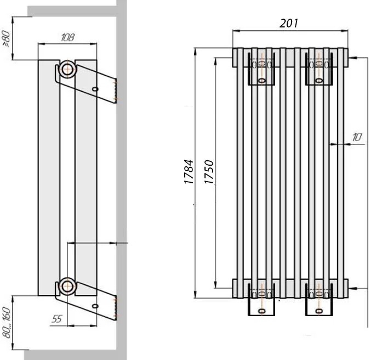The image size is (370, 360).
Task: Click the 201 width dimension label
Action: tap(288, 23)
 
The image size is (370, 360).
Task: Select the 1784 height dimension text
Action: tap(189, 172)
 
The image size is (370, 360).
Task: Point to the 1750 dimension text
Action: tap(209, 172)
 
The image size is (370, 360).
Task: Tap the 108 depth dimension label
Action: tap(68, 37)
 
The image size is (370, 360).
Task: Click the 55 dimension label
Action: tap(56, 319)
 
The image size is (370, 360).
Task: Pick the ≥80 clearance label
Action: tap(7, 39)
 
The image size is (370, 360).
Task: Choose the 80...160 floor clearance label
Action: tap(7, 323)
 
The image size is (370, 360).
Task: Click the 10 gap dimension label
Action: tap(357, 137)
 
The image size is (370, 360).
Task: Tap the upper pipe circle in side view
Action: tap(68, 69)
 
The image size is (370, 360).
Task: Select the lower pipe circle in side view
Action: tap(68, 286)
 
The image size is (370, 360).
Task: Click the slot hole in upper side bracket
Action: tap(95, 89)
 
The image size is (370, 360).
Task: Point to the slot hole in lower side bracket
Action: tap(95, 306)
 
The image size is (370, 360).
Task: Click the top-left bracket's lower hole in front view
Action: tap(261, 81)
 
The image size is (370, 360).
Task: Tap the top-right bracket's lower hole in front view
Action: tap(319, 81)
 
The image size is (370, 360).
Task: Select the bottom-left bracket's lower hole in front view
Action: tap(261, 311)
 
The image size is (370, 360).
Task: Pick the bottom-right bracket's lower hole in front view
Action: tap(319, 311)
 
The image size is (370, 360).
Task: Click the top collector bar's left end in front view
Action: tap(233, 58)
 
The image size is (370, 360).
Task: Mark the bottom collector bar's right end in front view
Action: tap(348, 289)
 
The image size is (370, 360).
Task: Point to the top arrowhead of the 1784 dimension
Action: tap(195, 51)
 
